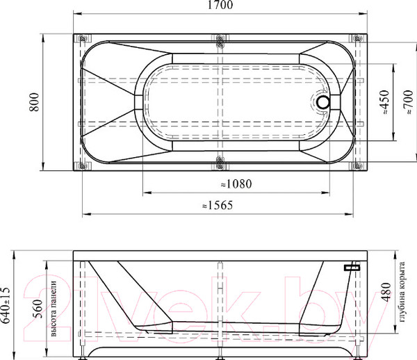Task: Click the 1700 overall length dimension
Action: point(220,5)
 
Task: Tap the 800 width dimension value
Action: point(34,102)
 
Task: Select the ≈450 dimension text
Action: point(385,102)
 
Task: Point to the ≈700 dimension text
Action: point(409,102)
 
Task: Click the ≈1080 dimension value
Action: point(236,183)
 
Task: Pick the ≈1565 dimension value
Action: point(218,205)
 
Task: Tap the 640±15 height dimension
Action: point(6,305)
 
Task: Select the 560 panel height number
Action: point(38,309)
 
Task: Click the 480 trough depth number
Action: point(386,292)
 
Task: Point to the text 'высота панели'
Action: point(54,309)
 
